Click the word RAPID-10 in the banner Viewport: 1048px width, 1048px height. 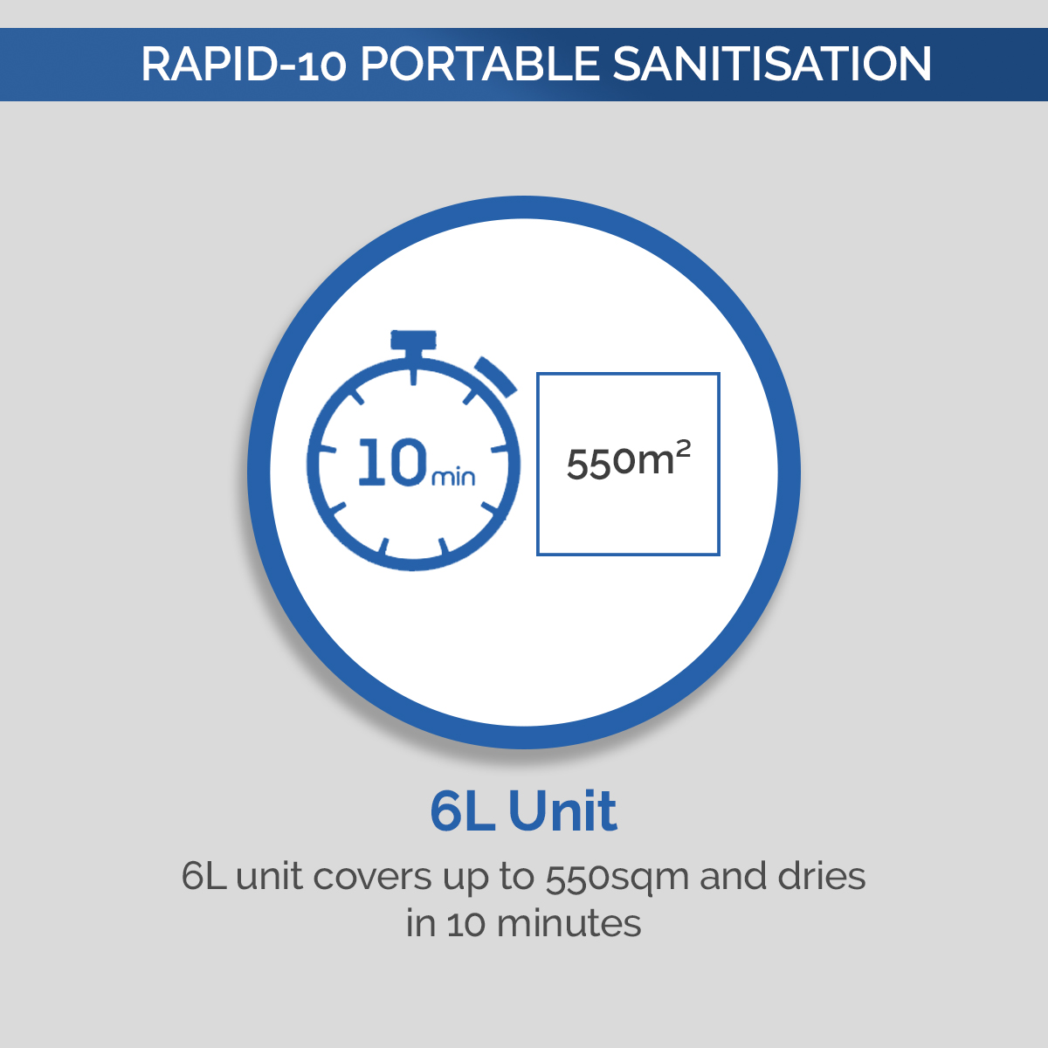244,65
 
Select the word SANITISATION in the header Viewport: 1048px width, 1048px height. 772,65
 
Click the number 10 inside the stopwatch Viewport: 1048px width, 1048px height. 392,463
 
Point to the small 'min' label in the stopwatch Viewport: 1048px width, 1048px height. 454,477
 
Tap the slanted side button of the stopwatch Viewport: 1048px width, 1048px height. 494,374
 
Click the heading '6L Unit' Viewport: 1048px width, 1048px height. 523,811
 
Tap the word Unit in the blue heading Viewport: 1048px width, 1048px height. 562,811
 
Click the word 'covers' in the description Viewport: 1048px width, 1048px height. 372,877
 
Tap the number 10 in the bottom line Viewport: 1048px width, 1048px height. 467,924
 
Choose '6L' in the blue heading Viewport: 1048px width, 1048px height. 462,811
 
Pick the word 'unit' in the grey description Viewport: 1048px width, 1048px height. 270,877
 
